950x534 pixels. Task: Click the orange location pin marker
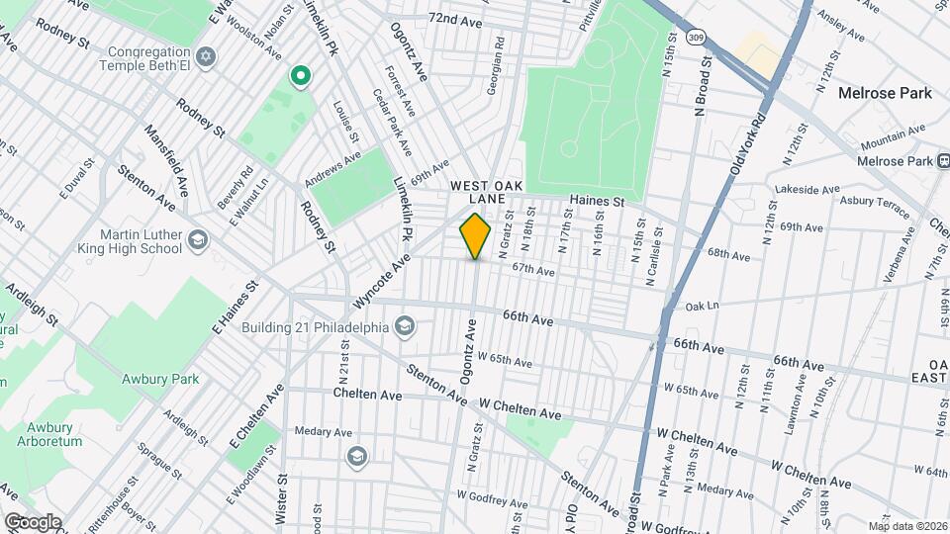point(475,236)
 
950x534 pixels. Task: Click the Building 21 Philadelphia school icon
point(404,326)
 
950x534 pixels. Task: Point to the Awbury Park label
point(161,378)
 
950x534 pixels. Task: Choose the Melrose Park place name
point(884,93)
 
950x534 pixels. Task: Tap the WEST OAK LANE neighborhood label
point(485,192)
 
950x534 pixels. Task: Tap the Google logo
point(32,521)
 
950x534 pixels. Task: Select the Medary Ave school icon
point(356,456)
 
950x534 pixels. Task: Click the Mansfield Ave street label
point(168,159)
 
